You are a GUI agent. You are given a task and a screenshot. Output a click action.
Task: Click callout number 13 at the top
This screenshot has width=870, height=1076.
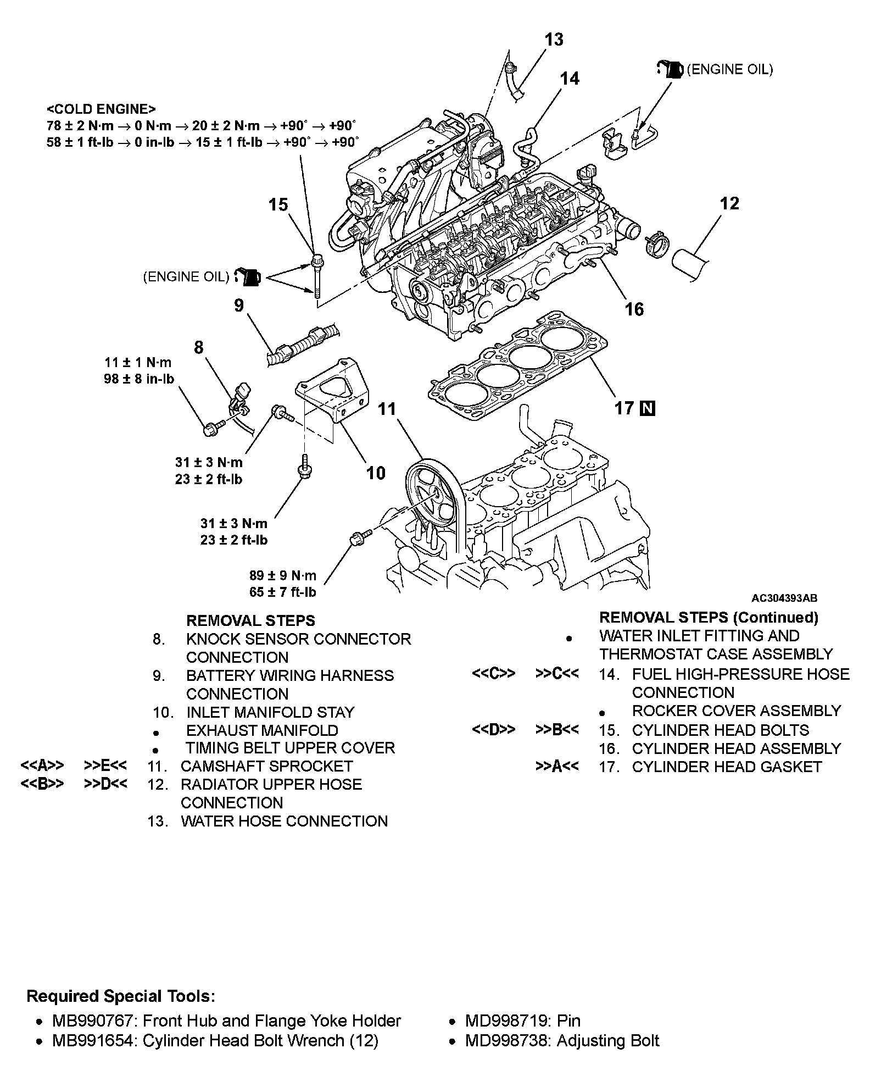point(554,40)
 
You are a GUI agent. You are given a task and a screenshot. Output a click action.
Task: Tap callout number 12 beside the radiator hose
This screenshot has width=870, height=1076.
point(729,203)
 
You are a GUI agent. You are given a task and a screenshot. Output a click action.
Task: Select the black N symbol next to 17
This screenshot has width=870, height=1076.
point(648,408)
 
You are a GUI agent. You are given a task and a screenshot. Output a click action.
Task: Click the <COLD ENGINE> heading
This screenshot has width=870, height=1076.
point(102,109)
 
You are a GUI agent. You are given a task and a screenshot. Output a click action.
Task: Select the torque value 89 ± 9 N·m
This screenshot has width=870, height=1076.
point(283,576)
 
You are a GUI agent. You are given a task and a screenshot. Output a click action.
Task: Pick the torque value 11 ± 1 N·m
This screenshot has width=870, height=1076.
point(138,363)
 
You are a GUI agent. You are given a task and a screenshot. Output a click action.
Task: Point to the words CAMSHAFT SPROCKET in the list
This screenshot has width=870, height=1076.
point(266,766)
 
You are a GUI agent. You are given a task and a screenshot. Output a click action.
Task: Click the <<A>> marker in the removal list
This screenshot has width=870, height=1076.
point(42,766)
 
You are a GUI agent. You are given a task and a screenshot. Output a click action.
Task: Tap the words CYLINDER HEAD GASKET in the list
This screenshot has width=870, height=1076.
point(727,767)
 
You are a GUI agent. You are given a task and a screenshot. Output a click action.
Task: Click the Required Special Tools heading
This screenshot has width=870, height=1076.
point(121,996)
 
